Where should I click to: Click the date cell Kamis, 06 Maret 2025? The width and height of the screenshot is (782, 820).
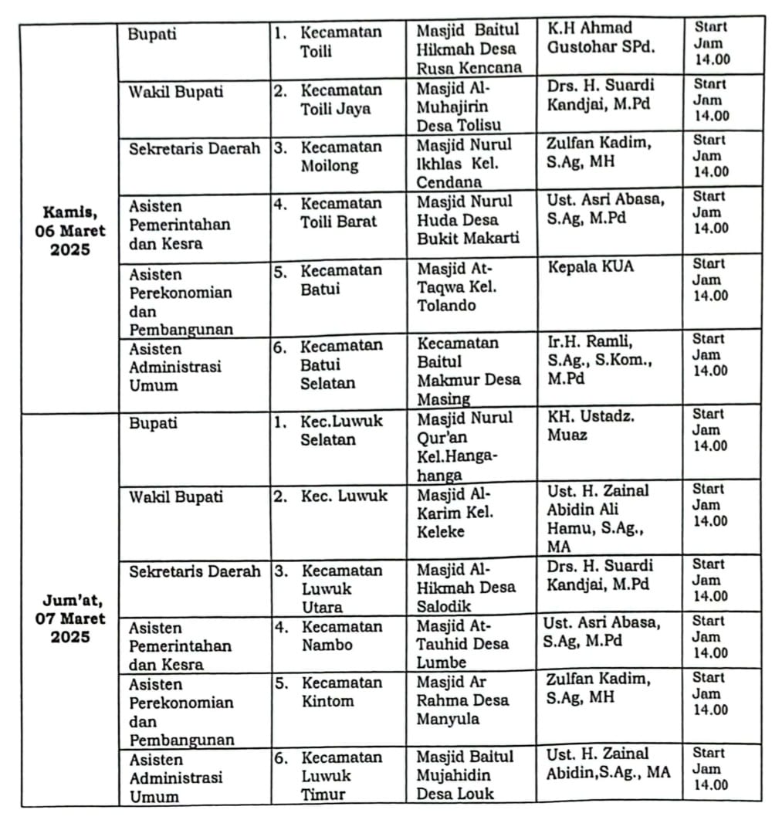73,230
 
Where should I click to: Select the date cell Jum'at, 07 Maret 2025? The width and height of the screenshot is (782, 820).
73,618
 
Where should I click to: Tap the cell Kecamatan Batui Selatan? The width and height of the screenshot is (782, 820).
340,364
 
